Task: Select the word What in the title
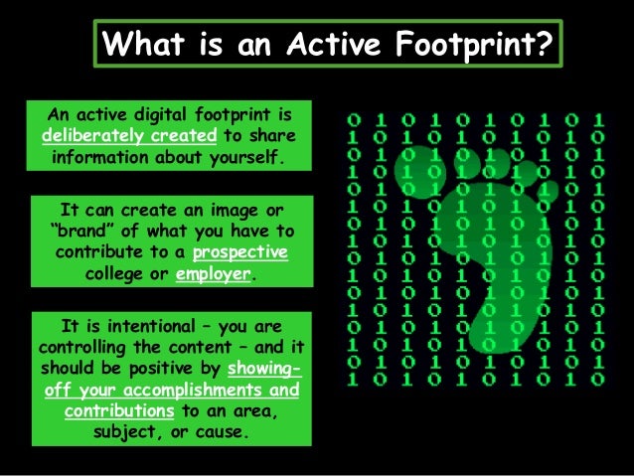(x=147, y=44)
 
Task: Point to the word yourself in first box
(x=242, y=157)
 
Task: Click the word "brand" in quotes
(x=75, y=232)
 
